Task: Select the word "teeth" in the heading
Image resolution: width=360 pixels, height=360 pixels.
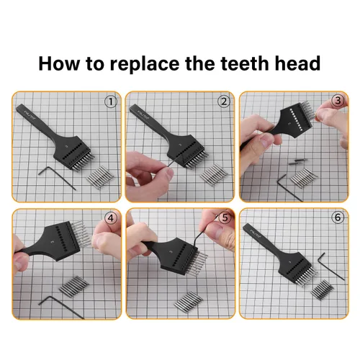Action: point(245,63)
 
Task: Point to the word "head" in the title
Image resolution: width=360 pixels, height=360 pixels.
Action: point(297,63)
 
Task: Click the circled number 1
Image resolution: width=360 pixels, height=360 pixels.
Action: point(111,102)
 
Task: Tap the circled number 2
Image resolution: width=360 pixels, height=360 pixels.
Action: point(224,102)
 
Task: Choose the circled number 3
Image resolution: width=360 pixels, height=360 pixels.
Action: point(338,101)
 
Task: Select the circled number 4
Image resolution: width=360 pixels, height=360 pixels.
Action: point(111,218)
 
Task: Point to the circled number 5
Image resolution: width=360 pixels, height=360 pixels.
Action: point(225,217)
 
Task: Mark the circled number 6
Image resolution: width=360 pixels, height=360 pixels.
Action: point(338,217)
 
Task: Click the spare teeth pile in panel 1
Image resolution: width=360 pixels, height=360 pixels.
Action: point(100,177)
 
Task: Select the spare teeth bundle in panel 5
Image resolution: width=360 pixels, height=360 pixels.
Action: point(189,302)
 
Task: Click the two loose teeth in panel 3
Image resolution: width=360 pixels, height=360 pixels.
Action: point(298,162)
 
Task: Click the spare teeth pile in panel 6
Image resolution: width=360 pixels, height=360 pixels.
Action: point(322,290)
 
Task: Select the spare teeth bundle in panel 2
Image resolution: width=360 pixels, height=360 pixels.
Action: point(214,175)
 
